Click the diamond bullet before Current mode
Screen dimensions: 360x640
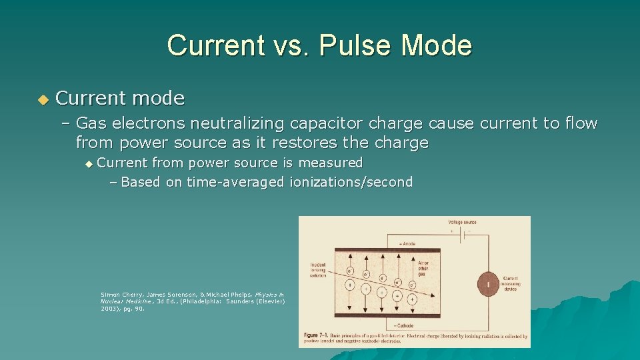(x=43, y=99)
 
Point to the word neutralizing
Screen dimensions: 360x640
(x=239, y=123)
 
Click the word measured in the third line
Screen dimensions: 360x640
(x=330, y=163)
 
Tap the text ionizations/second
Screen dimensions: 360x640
(x=351, y=182)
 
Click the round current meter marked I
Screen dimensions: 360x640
(x=489, y=285)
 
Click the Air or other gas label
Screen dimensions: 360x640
(x=423, y=269)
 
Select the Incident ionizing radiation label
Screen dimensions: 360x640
(x=319, y=270)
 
